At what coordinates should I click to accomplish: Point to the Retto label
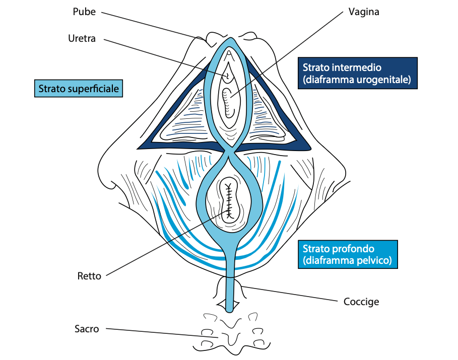89,276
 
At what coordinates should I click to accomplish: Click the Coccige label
361,302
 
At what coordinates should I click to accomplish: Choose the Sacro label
87,329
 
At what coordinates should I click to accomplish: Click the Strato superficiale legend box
79,89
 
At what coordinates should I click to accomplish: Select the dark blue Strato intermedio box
357,73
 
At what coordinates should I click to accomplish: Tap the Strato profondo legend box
347,254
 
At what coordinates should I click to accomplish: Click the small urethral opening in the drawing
227,76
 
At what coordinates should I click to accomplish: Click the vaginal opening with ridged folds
229,101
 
